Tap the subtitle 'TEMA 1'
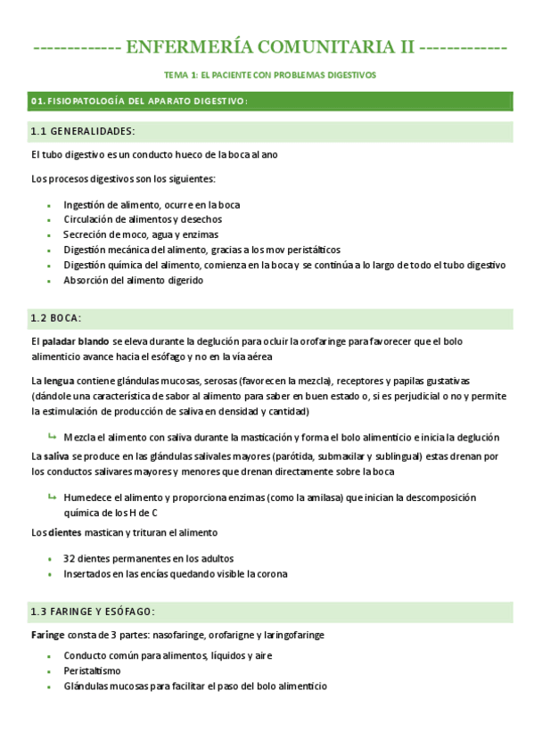pos(183,76)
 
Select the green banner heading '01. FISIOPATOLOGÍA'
pos(139,102)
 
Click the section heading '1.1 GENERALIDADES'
pos(82,132)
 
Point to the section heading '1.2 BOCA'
pos(55,317)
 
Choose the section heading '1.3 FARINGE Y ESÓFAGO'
pos(93,612)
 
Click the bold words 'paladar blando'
pos(76,341)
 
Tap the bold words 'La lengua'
pos(50,381)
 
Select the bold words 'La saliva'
pos(50,456)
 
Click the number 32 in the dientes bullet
pos(69,558)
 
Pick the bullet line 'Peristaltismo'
pos(93,670)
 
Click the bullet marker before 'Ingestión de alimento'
pos(49,204)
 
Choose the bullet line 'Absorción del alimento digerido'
pos(133,280)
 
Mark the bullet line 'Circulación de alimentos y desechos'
pos(143,219)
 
